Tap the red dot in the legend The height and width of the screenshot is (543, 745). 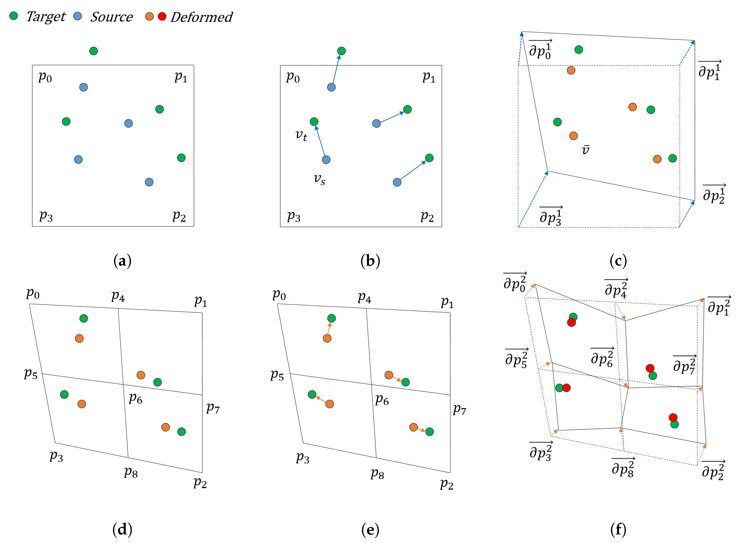click(x=162, y=17)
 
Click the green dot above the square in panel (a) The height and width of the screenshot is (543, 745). click(x=94, y=51)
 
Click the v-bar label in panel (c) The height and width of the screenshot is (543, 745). click(x=585, y=150)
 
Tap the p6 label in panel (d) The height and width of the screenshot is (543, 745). click(x=135, y=398)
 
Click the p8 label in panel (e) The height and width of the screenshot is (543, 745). click(x=377, y=474)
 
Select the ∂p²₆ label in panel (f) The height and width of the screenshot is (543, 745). click(x=602, y=358)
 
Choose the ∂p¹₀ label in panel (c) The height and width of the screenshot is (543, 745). click(x=540, y=50)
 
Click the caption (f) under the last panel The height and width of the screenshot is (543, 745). click(x=618, y=530)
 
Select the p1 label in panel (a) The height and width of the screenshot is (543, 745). click(x=181, y=77)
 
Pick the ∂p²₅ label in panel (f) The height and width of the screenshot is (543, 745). click(x=516, y=359)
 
